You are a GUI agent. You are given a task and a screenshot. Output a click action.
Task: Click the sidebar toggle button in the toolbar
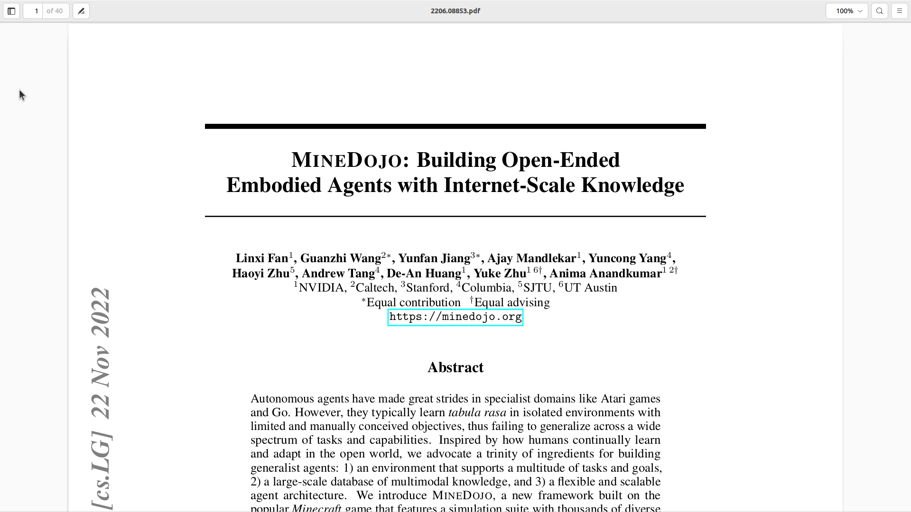coord(11,11)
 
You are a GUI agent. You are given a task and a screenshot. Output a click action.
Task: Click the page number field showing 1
coord(34,11)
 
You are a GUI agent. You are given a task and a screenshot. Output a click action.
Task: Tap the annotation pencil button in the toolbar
coord(81,11)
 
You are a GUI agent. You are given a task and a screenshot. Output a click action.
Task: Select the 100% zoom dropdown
coord(846,11)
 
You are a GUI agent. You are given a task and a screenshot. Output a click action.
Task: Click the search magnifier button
coord(880,11)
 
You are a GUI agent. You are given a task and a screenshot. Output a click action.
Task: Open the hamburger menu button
coord(900,11)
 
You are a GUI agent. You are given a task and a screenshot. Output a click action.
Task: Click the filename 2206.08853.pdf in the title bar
coord(455,11)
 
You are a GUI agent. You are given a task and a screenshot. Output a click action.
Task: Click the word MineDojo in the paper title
coord(346,160)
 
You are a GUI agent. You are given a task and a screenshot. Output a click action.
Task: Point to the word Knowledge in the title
coord(632,185)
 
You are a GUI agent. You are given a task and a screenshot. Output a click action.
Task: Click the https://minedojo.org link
coord(455,317)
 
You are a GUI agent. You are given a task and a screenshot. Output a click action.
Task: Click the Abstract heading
coord(455,367)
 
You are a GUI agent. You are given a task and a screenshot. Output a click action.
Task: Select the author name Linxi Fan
coord(262,258)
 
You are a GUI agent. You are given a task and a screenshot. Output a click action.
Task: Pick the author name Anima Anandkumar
coord(605,274)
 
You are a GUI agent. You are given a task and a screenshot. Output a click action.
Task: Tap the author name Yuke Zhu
coord(500,274)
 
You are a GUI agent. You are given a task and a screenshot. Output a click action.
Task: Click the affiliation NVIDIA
coord(321,288)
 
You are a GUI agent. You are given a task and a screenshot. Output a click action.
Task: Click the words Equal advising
coord(512,302)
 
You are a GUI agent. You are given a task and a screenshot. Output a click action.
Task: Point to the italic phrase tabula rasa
coord(477,412)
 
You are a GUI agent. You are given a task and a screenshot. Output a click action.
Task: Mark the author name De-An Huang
coord(424,274)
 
